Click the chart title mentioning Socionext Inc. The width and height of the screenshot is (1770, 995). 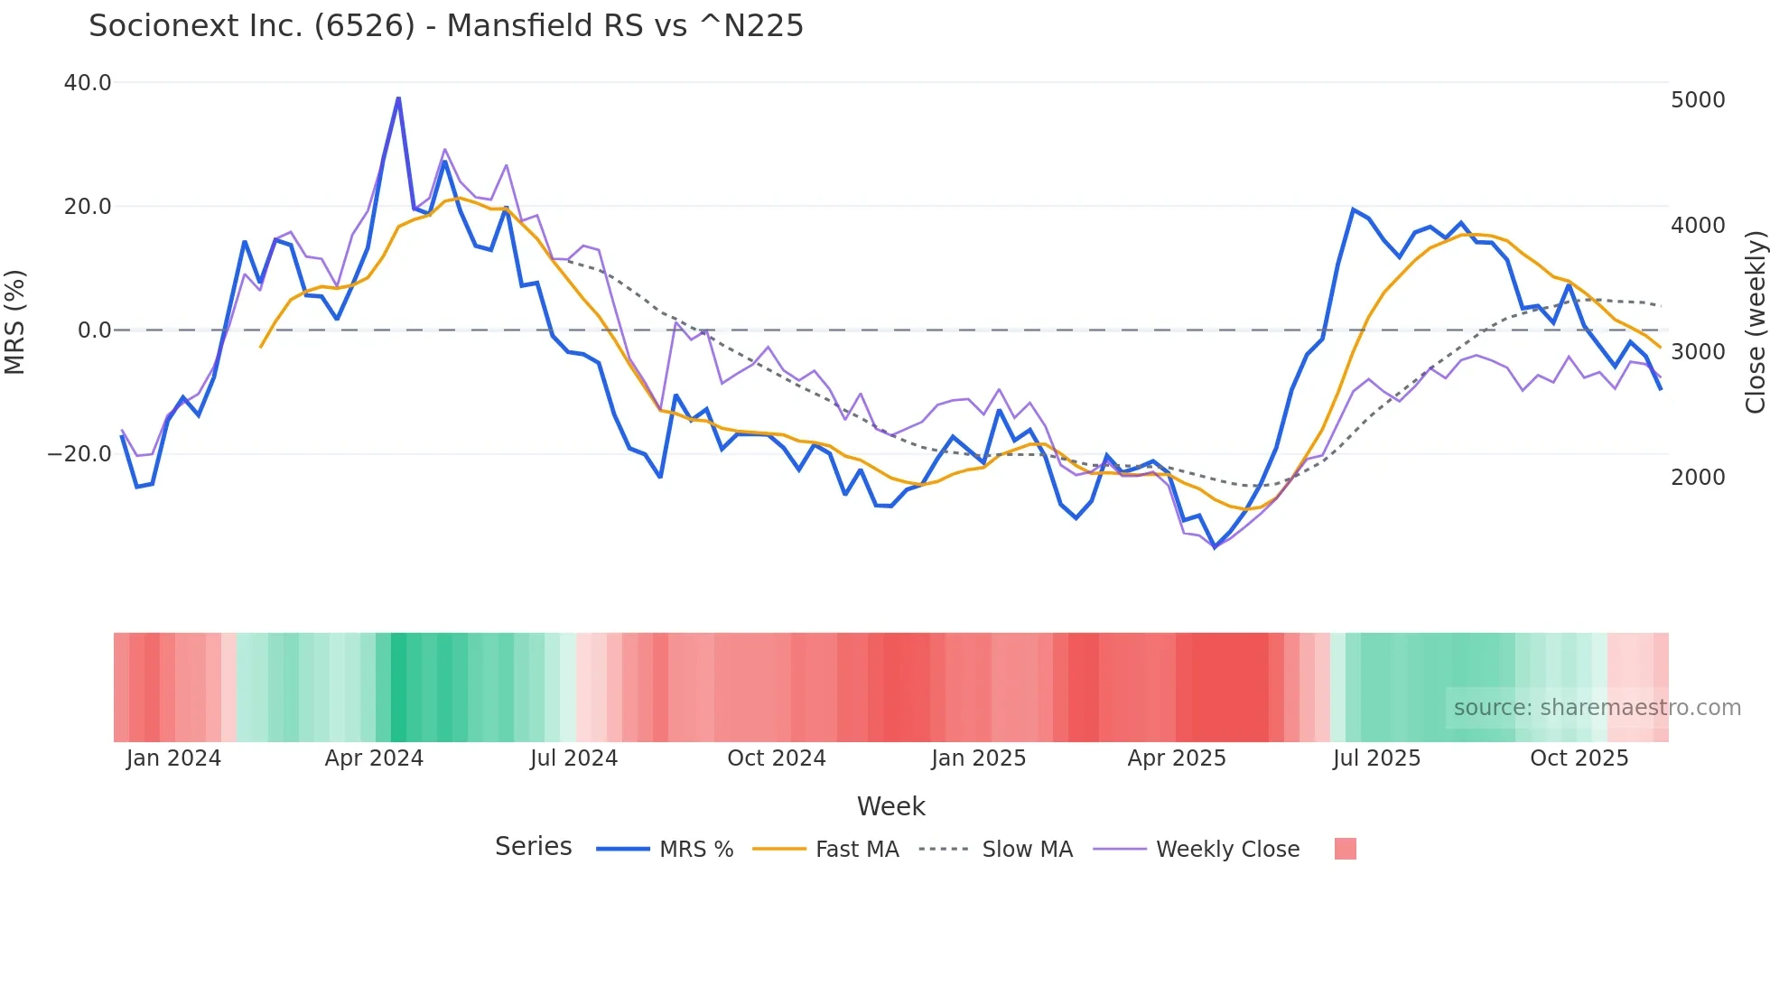(445, 26)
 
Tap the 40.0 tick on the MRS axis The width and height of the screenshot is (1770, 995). (88, 83)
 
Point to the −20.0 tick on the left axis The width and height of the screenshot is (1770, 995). (79, 454)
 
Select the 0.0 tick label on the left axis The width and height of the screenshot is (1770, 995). (94, 330)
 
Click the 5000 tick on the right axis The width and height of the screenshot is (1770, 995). (1698, 100)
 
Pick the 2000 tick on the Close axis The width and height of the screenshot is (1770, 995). (1698, 478)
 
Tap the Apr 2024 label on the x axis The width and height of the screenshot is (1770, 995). (374, 758)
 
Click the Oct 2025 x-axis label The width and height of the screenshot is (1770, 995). (1579, 758)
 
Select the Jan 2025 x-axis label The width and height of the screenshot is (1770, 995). (979, 758)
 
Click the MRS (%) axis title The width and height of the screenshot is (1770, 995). (15, 321)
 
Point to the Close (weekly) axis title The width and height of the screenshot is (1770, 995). (1755, 322)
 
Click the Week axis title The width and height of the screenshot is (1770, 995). (890, 806)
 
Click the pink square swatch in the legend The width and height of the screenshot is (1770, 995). (1346, 849)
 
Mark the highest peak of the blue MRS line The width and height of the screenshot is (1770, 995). (398, 98)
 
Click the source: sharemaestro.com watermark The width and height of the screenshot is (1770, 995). (1597, 708)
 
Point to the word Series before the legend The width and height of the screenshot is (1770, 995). (533, 847)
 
